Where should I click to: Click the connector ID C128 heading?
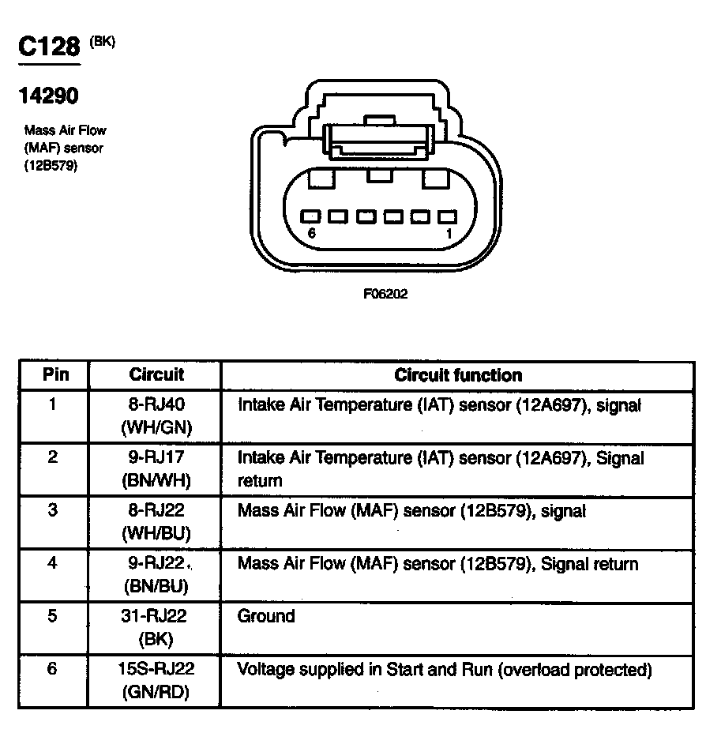point(49,47)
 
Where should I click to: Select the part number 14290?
point(48,96)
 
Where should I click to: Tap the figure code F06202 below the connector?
point(385,293)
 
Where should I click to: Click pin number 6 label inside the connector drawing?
point(312,234)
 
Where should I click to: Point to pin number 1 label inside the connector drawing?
point(449,234)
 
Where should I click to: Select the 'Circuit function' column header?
point(458,374)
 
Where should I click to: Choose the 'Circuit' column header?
point(156,374)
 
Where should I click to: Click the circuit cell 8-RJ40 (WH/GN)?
point(156,416)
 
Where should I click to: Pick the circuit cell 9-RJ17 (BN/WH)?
point(156,468)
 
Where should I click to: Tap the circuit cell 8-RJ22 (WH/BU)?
point(156,521)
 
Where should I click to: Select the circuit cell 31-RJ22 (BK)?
point(156,627)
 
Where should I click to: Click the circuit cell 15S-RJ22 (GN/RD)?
point(156,680)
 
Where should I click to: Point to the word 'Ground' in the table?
point(266,616)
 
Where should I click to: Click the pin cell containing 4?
point(53,563)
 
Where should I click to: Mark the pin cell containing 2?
point(53,457)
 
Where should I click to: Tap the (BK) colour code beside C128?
point(103,42)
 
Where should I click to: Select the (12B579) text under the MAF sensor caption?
point(51,166)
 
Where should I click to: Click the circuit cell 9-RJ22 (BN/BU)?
point(156,574)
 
